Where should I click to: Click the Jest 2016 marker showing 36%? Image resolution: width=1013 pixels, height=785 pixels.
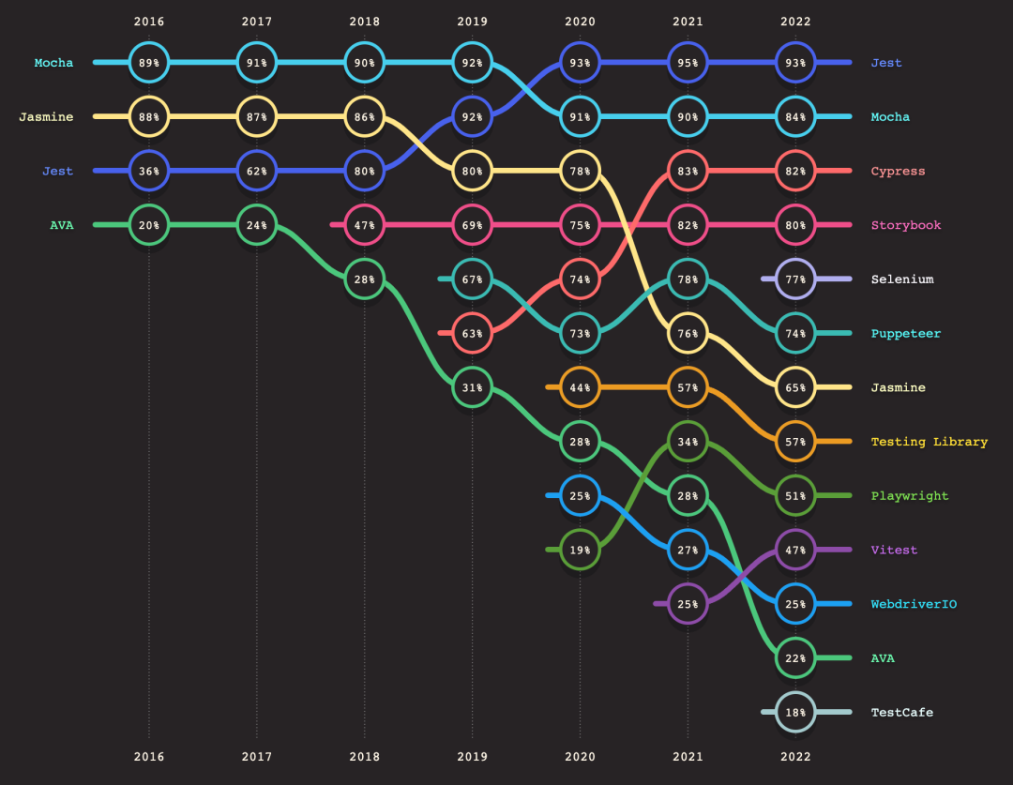[x=149, y=171]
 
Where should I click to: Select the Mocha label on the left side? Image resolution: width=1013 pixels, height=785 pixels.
[x=53, y=63]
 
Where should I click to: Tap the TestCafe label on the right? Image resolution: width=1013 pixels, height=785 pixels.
[x=901, y=712]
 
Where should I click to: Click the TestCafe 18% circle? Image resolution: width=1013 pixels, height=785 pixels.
[x=795, y=712]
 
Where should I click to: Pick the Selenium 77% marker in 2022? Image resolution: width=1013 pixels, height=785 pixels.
[x=795, y=279]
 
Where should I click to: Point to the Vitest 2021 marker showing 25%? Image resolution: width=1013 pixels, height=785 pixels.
[x=688, y=604]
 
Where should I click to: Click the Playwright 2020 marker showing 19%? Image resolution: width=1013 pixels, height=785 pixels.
[x=580, y=550]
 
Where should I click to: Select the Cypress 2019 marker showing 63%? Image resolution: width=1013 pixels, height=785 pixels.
[x=472, y=333]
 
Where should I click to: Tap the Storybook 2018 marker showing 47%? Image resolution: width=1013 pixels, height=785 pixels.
[x=364, y=225]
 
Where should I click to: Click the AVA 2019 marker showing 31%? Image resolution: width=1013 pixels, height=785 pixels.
[x=472, y=387]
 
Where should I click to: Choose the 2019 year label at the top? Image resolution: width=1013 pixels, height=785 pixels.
[x=472, y=21]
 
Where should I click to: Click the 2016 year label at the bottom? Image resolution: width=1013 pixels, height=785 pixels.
[x=149, y=755]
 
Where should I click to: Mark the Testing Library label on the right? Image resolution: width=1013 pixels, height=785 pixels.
[x=929, y=442]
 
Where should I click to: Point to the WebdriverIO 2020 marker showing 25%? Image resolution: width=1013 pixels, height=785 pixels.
[x=580, y=495]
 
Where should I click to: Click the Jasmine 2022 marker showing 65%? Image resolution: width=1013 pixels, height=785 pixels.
[x=795, y=387]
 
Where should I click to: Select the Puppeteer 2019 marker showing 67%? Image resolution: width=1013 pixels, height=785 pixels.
[x=472, y=279]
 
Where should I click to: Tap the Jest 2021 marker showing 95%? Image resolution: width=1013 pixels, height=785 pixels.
[x=688, y=63]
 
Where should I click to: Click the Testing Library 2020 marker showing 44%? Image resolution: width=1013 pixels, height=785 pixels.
[x=580, y=387]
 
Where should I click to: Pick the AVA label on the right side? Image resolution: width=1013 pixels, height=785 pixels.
[x=882, y=658]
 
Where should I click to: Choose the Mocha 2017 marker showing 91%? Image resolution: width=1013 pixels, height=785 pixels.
[x=257, y=63]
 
